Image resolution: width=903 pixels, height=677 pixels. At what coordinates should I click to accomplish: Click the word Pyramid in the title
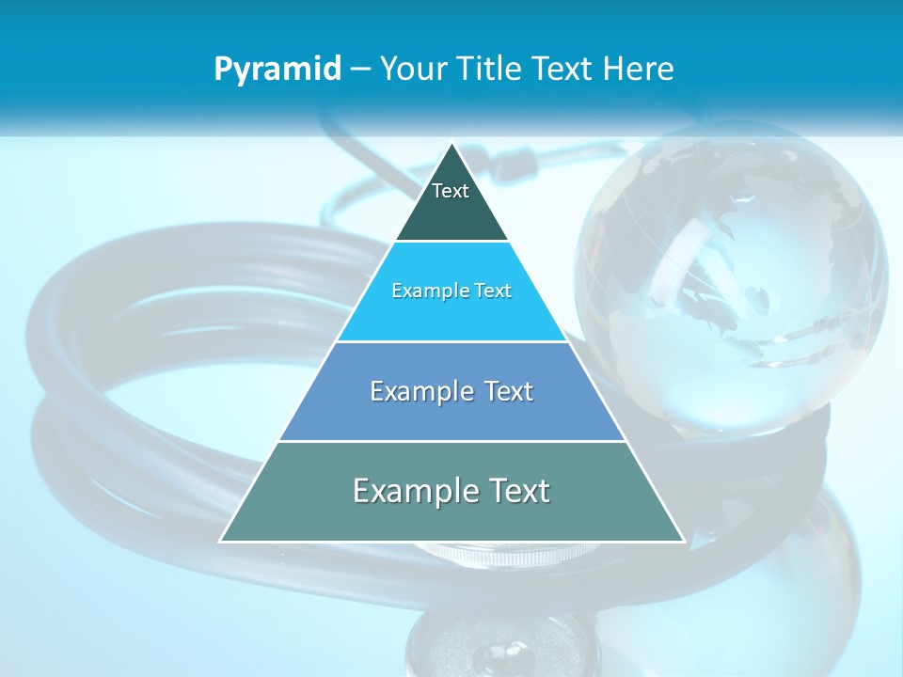[277, 69]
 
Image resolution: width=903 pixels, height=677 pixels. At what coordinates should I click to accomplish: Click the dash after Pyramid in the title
[359, 70]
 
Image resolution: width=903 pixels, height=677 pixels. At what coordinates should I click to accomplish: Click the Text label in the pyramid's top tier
[451, 191]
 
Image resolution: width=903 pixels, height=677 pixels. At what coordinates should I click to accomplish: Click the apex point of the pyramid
[452, 144]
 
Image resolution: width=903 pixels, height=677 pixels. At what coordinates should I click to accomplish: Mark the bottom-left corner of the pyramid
[221, 541]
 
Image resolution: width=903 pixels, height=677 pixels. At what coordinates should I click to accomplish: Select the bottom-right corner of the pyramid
[683, 541]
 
